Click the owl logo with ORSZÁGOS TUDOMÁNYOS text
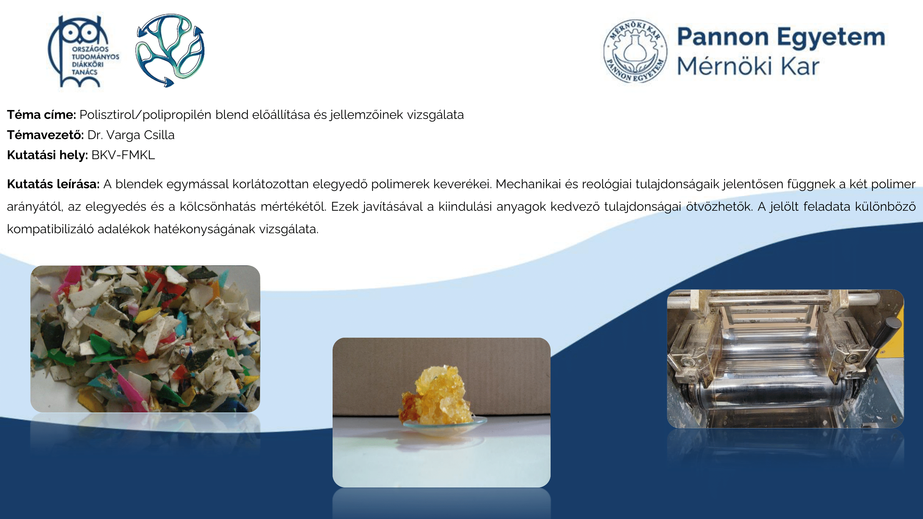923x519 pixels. point(83,51)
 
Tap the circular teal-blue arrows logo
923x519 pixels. point(170,50)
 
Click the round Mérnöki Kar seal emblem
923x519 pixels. point(635,51)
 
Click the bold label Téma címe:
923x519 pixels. point(41,115)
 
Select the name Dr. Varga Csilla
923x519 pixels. point(131,135)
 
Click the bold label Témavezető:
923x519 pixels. point(45,135)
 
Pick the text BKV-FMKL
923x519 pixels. point(123,155)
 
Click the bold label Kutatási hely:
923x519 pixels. point(47,155)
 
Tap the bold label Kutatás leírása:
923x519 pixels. point(53,184)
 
